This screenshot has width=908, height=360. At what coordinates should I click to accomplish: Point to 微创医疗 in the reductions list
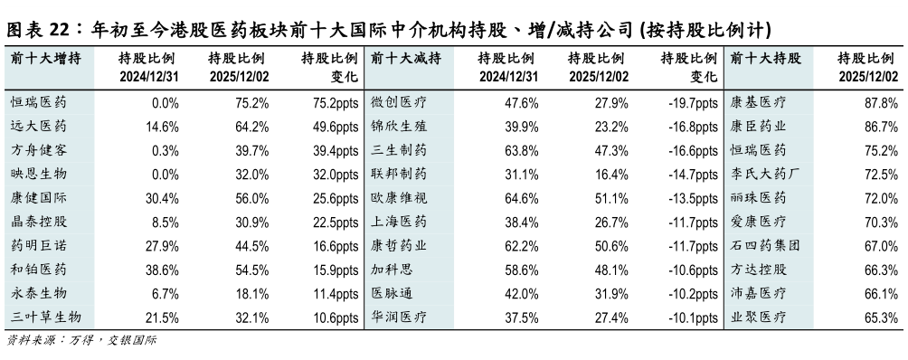(x=400, y=101)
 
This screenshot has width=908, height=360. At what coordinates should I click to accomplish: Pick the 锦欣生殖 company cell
(x=400, y=126)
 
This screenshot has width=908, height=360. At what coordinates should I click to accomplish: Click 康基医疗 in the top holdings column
(x=758, y=101)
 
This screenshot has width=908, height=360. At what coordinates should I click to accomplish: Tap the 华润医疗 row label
(x=400, y=317)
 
